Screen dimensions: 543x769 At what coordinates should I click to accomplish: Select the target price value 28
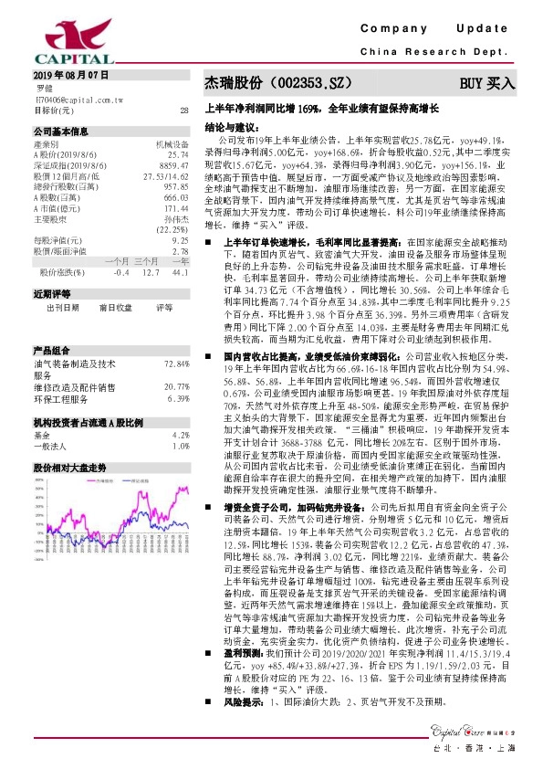(x=184, y=111)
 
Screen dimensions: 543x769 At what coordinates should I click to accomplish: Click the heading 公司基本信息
(x=61, y=131)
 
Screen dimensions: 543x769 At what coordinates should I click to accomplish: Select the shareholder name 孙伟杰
(x=175, y=220)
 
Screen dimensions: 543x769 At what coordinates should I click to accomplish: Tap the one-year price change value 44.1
(x=180, y=271)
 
